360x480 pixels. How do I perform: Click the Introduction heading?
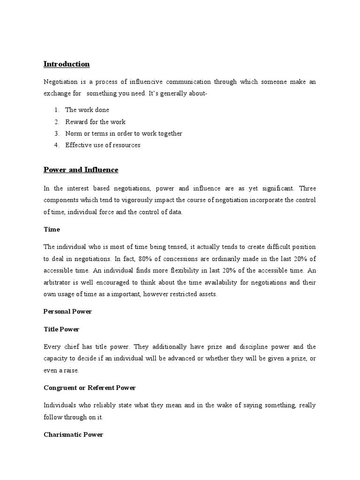tap(67, 64)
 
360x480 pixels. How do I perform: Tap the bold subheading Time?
tap(52, 230)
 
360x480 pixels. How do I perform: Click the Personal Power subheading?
tap(67, 311)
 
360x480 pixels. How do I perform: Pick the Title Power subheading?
tap(61, 330)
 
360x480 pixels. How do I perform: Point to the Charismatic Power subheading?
tap(73, 435)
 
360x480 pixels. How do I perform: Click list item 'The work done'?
tap(87, 110)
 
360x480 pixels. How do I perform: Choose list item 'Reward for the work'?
tap(95, 122)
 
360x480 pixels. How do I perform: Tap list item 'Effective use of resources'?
tap(103, 145)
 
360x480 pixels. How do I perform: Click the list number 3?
tap(56, 134)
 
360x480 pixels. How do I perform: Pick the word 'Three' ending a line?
tap(307, 188)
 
